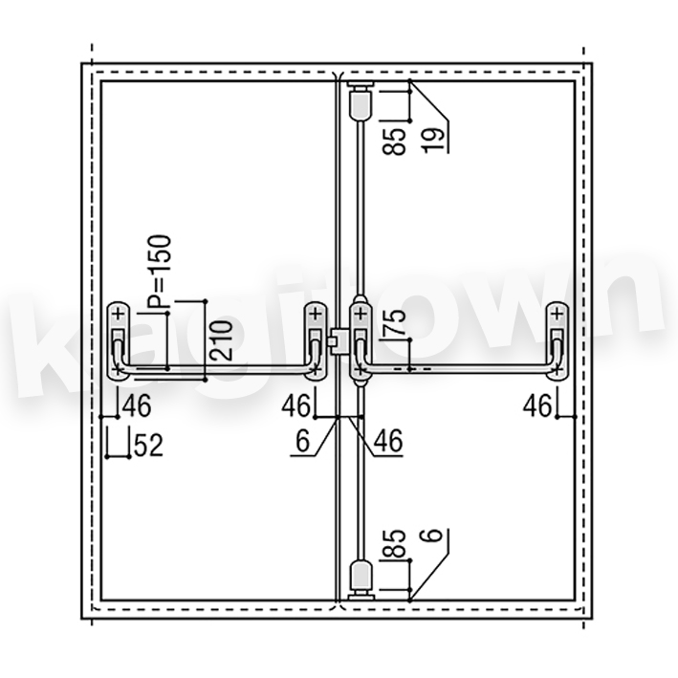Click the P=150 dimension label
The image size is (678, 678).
[x=160, y=272]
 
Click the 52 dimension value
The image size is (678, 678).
[x=148, y=446]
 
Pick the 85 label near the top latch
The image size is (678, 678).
[x=394, y=142]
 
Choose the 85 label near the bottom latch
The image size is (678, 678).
[x=394, y=542]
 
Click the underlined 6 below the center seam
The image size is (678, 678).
[x=303, y=441]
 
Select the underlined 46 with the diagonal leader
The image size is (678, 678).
[x=388, y=441]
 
